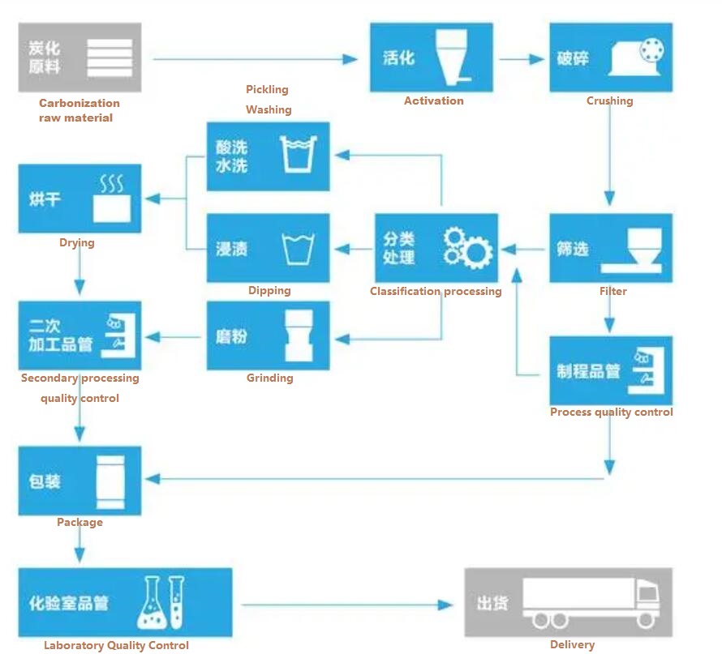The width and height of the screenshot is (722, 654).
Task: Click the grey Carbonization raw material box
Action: coord(80,57)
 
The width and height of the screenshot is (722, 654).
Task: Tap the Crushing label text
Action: coord(609,101)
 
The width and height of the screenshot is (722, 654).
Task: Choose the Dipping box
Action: coord(268,248)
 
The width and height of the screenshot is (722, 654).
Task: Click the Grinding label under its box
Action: coord(269,378)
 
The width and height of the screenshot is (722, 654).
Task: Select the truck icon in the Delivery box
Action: coord(591,603)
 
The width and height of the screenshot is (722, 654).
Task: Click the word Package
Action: coord(80,523)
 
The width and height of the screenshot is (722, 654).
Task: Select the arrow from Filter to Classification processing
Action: coord(523,248)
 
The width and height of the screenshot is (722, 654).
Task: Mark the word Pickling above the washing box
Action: coord(267,89)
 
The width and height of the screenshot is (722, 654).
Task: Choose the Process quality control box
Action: coord(611,371)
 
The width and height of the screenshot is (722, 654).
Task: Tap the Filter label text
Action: coord(612,291)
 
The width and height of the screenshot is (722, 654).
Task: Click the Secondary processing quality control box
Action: coord(80,336)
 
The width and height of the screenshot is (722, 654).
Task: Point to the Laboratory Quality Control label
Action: coord(116,646)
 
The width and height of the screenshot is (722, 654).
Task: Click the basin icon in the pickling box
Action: coord(298,155)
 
